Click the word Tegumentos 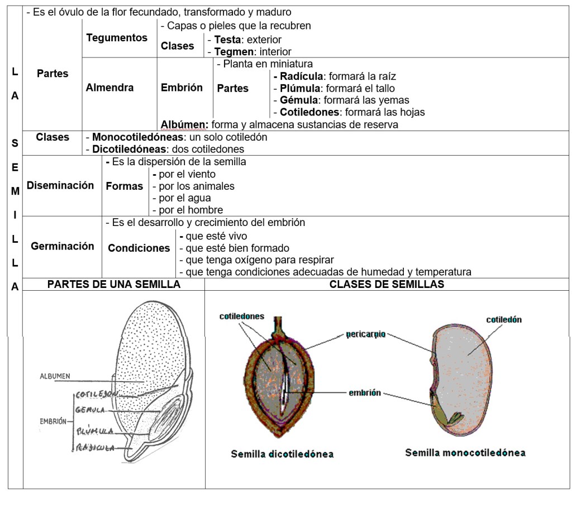(117, 38)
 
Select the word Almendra (109, 88)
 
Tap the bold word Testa (227, 40)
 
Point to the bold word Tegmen (232, 52)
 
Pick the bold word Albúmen (184, 124)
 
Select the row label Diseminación (60, 185)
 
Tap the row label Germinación (63, 246)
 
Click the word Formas (125, 186)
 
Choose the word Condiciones (139, 248)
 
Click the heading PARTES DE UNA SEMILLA (114, 285)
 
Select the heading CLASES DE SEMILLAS (387, 285)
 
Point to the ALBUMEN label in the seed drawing (55, 377)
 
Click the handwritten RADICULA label (96, 448)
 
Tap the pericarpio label (365, 335)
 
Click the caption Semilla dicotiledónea (282, 454)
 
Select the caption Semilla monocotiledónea (465, 453)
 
